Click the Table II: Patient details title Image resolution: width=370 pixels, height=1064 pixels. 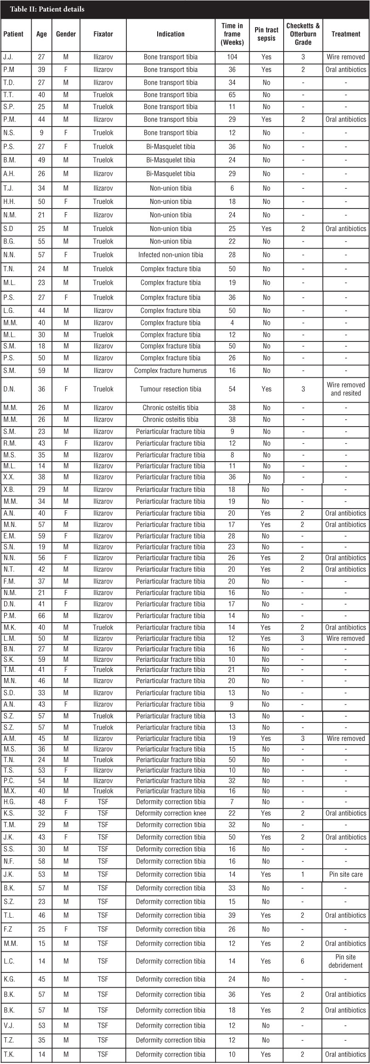pos(47,9)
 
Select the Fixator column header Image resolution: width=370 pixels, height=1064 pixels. pos(103,34)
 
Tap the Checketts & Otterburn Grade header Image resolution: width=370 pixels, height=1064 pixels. pos(303,34)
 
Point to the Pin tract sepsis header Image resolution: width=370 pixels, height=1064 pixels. pos(266,34)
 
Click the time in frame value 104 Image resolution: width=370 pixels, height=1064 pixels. pos(232,57)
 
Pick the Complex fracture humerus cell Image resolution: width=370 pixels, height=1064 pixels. pos(171,370)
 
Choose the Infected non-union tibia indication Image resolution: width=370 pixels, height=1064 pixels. pos(171,254)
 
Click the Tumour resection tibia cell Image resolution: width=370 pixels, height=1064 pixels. pos(171,389)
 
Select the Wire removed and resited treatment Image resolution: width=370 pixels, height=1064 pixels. pos(346,389)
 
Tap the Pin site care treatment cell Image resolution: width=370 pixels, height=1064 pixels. pos(346,874)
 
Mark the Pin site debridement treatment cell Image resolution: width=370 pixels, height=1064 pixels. pos(346,961)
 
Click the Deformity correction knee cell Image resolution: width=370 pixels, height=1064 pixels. pos(171,813)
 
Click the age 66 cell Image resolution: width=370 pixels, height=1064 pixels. pos(42,616)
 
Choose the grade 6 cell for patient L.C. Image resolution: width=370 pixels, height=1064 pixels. pos(303,961)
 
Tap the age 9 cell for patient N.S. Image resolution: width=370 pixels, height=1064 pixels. pos(42,133)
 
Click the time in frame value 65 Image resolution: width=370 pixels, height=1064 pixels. pos(232,95)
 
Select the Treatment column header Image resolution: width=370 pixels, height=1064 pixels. pos(346,34)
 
